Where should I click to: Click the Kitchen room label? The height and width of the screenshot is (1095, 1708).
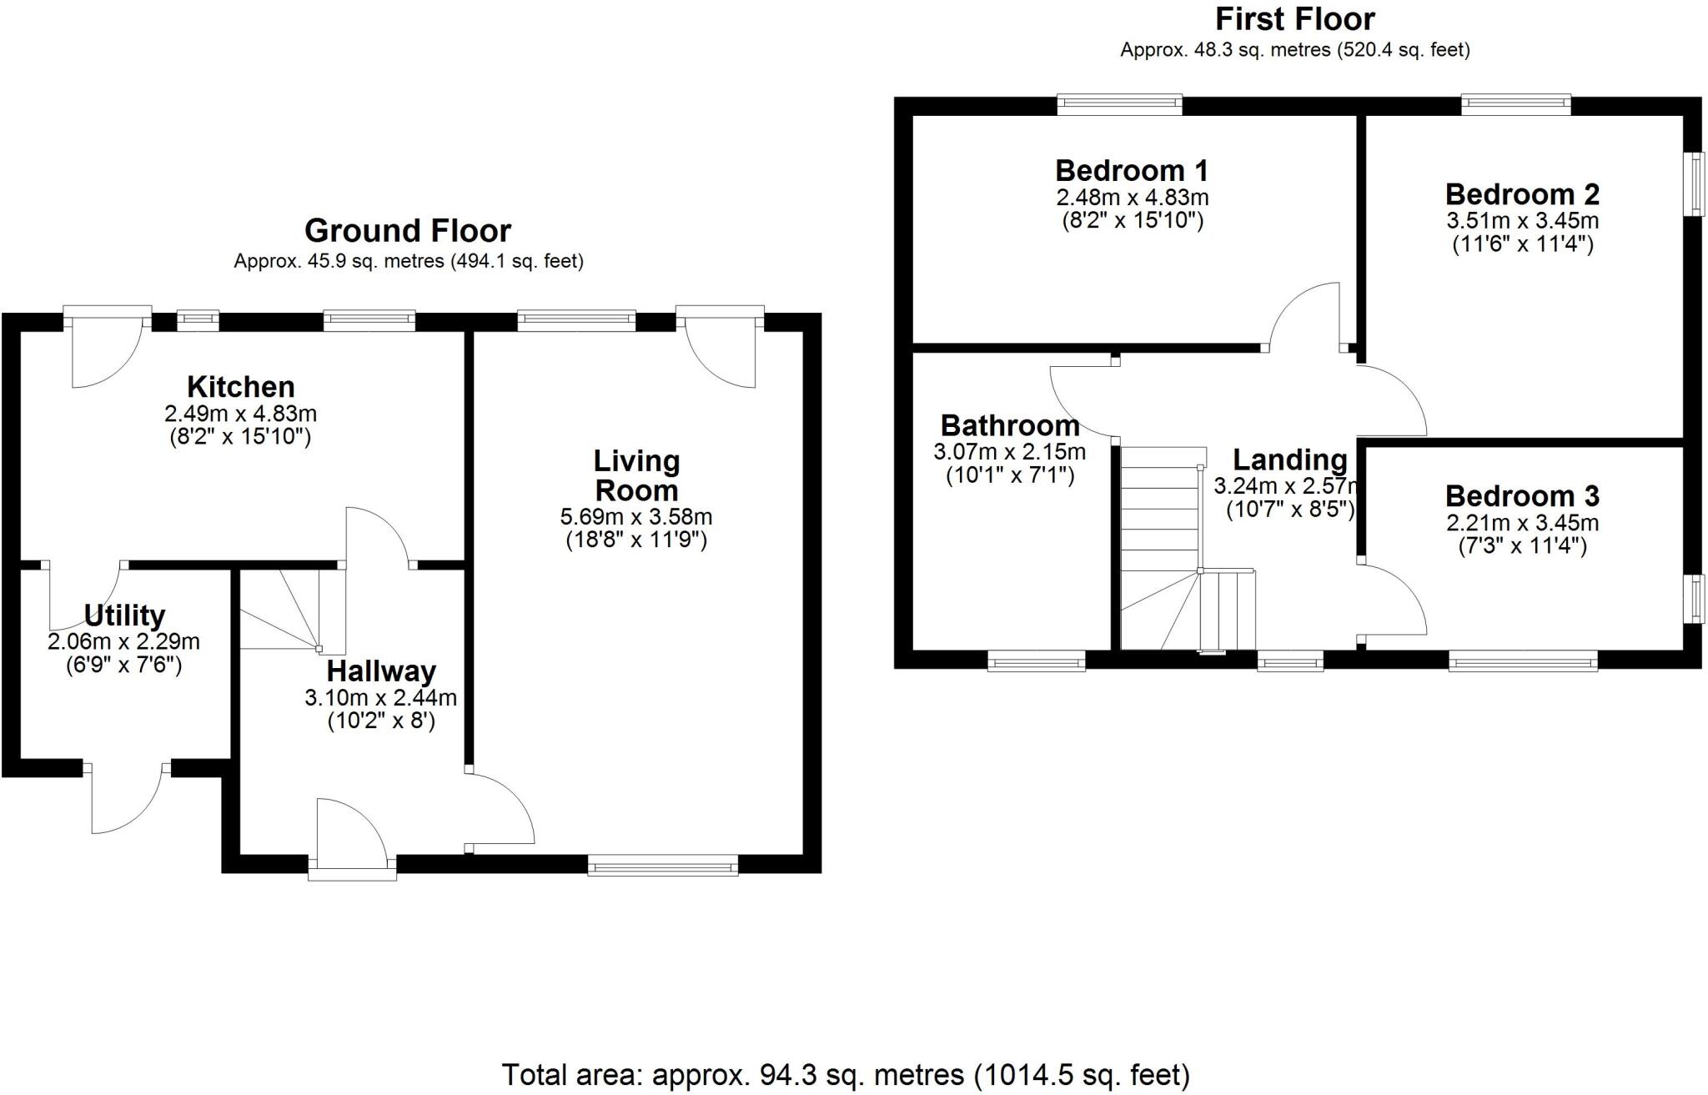click(x=240, y=387)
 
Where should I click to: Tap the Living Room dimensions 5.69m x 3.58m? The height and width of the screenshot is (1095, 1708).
click(x=635, y=517)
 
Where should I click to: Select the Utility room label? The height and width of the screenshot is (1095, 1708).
click(x=124, y=615)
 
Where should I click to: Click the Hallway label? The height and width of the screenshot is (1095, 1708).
click(x=381, y=671)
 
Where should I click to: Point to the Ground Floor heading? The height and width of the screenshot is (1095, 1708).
click(x=407, y=230)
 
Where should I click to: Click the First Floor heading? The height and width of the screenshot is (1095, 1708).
click(x=1294, y=18)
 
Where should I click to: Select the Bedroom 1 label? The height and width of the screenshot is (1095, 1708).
click(x=1132, y=171)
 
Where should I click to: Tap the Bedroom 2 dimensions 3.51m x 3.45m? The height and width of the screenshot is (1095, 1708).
click(x=1522, y=221)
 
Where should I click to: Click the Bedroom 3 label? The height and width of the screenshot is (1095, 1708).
click(x=1522, y=496)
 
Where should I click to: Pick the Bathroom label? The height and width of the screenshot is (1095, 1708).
click(x=1009, y=426)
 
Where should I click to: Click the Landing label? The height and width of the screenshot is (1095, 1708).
click(x=1289, y=460)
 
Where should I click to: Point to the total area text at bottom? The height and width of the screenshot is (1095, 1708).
click(x=845, y=1075)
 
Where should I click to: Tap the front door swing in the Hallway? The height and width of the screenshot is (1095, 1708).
click(x=350, y=830)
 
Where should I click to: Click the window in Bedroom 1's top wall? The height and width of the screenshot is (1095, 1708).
click(x=1119, y=104)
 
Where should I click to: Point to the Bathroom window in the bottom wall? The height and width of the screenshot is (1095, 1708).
click(x=1036, y=661)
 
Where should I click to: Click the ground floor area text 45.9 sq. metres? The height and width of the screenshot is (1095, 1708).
click(x=408, y=261)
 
